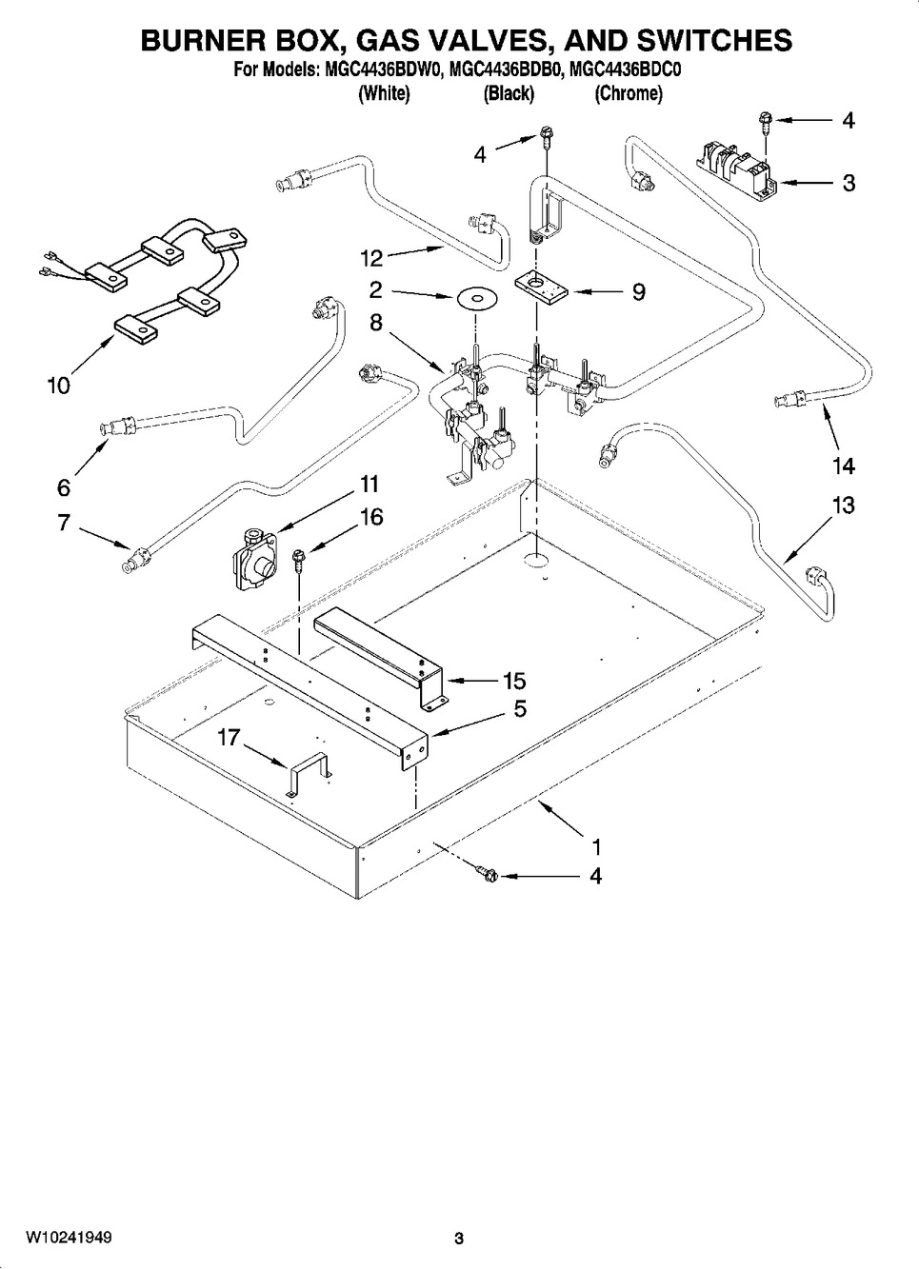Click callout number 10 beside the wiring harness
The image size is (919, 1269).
[x=59, y=386]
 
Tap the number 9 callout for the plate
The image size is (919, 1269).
[x=639, y=291]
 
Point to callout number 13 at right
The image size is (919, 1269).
[x=843, y=505]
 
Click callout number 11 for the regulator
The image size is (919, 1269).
[x=369, y=484]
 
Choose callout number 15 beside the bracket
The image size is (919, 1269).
[x=514, y=682]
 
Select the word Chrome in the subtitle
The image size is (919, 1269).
[x=629, y=93]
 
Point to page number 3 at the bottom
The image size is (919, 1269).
[x=459, y=1238]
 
